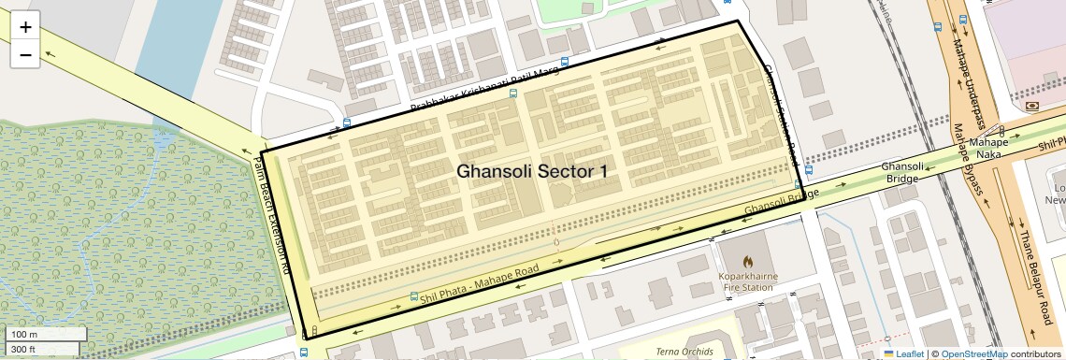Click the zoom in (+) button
25,27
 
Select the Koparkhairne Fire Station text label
746,282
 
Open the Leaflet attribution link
904,353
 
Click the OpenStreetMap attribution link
973,353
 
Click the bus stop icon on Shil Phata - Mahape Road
413,295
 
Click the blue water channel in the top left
178,47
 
